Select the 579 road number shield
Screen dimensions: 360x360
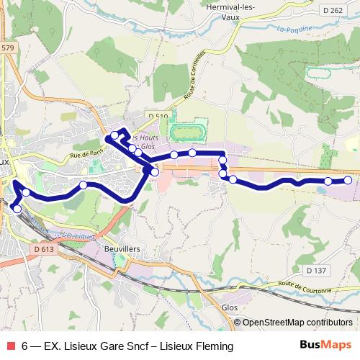pos(6,48)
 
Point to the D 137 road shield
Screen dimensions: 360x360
pos(315,271)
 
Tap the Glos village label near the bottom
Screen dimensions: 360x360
pos(230,307)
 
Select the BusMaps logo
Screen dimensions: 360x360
pos(326,346)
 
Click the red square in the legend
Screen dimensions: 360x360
pos(9,346)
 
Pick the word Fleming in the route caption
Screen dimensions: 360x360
pos(215,346)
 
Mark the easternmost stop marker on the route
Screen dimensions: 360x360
pos(348,180)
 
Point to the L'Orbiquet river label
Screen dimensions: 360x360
pos(73,235)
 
